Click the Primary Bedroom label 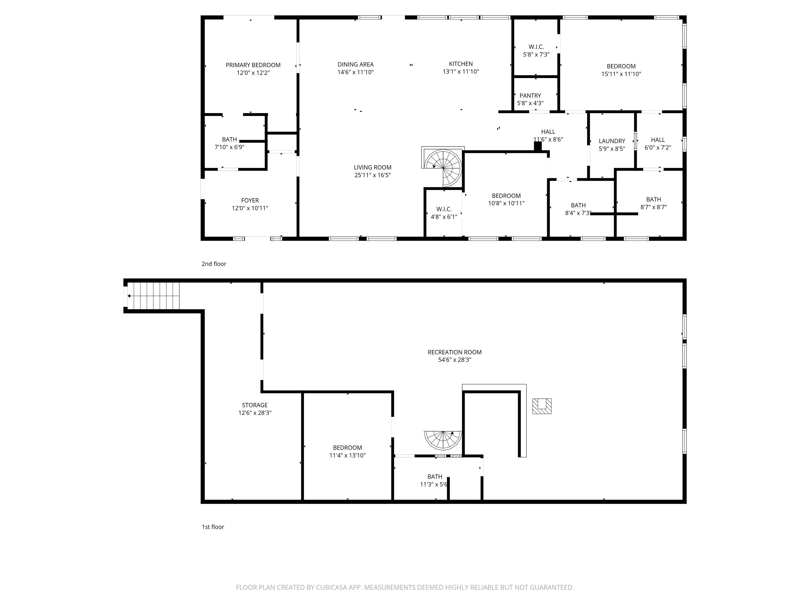coord(253,65)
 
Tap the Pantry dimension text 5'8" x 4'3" coord(530,103)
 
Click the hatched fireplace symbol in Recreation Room coord(542,406)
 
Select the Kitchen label coord(461,64)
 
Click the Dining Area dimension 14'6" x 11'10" coord(355,72)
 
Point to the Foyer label coord(250,201)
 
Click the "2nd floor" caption coord(214,264)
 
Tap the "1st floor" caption coord(213,527)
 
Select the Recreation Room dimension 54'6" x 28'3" coord(454,360)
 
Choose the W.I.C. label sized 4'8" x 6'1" coord(443,209)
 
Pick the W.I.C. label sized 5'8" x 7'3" coord(536,47)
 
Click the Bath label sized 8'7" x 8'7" coord(653,199)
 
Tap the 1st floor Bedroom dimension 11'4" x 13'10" coord(347,455)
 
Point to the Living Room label coord(372,168)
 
